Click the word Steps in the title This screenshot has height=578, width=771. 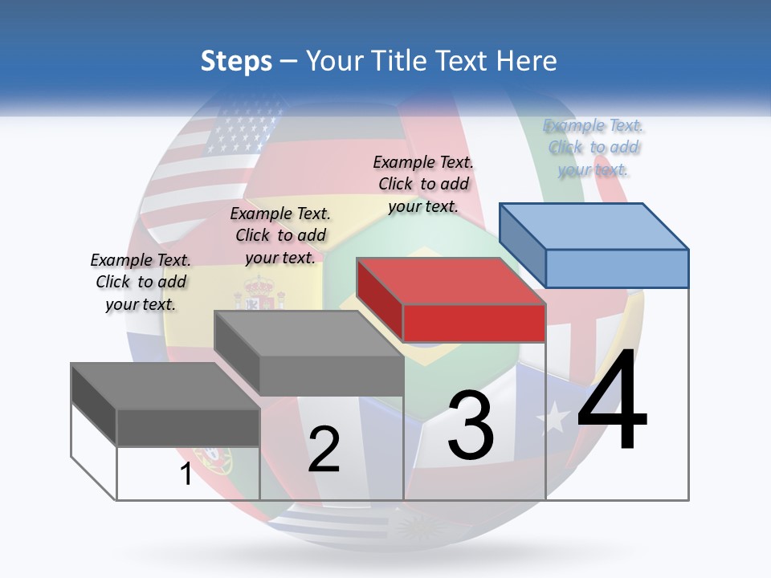[x=236, y=61]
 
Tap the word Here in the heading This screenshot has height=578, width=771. [x=525, y=61]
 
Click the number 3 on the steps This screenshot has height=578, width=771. [x=471, y=425]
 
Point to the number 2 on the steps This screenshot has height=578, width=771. [x=324, y=450]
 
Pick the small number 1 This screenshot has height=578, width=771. [x=186, y=474]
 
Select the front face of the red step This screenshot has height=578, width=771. [x=474, y=323]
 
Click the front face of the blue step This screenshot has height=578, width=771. [x=617, y=268]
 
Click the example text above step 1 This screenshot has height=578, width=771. [x=141, y=282]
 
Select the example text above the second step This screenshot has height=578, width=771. [x=280, y=235]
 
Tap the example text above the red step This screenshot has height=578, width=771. [x=423, y=184]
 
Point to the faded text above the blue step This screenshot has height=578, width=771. [x=594, y=147]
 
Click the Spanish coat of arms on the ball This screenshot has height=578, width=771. [x=259, y=293]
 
